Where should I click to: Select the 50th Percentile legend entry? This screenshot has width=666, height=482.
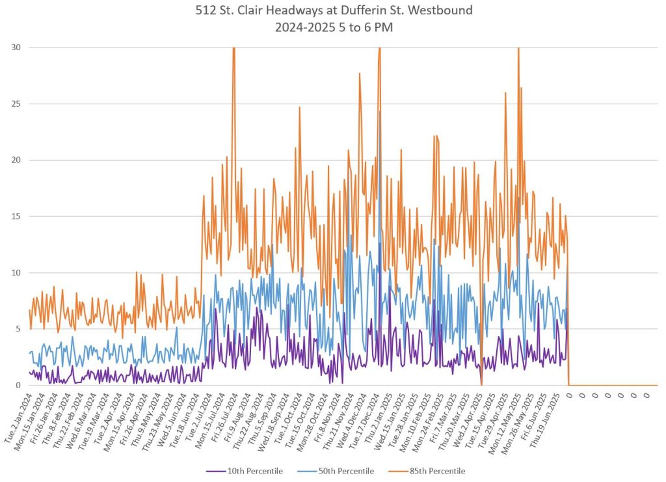click(x=345, y=471)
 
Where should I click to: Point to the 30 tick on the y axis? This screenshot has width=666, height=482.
click(x=15, y=48)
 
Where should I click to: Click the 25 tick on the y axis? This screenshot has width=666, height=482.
click(x=15, y=104)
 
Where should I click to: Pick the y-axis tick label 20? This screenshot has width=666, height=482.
click(x=15, y=160)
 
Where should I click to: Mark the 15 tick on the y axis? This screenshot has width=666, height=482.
click(x=15, y=216)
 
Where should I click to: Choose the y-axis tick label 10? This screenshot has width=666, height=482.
click(x=15, y=273)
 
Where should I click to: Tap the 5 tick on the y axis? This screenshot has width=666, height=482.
click(x=18, y=329)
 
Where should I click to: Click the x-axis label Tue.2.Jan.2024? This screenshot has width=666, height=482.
click(x=19, y=417)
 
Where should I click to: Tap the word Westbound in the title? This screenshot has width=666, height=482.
click(x=438, y=10)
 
